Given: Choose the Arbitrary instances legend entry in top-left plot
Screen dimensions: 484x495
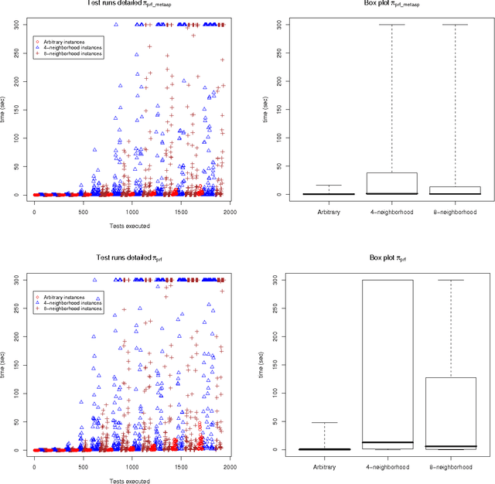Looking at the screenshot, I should (65, 41).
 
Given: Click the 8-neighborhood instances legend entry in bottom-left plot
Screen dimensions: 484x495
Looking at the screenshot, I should (70, 308).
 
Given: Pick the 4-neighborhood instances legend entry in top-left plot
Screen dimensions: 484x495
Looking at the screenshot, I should (69, 47).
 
